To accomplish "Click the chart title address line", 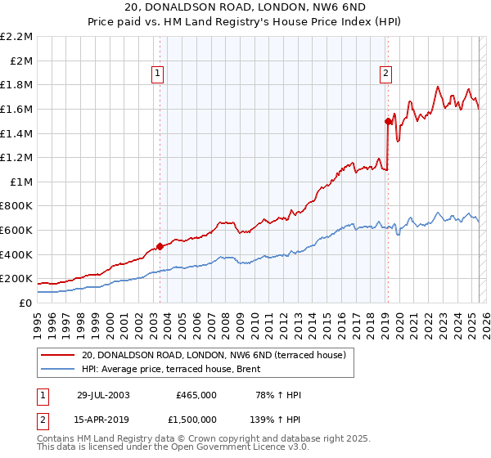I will pos(245,7).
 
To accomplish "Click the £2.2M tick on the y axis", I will pos(17,37).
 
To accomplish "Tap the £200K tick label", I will pos(17,279).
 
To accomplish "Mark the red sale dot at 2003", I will pos(160,246).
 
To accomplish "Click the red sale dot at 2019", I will pos(388,121).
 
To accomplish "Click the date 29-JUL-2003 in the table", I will pos(103,395).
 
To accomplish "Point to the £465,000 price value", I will pos(196,395).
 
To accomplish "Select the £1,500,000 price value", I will pos(192,420).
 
